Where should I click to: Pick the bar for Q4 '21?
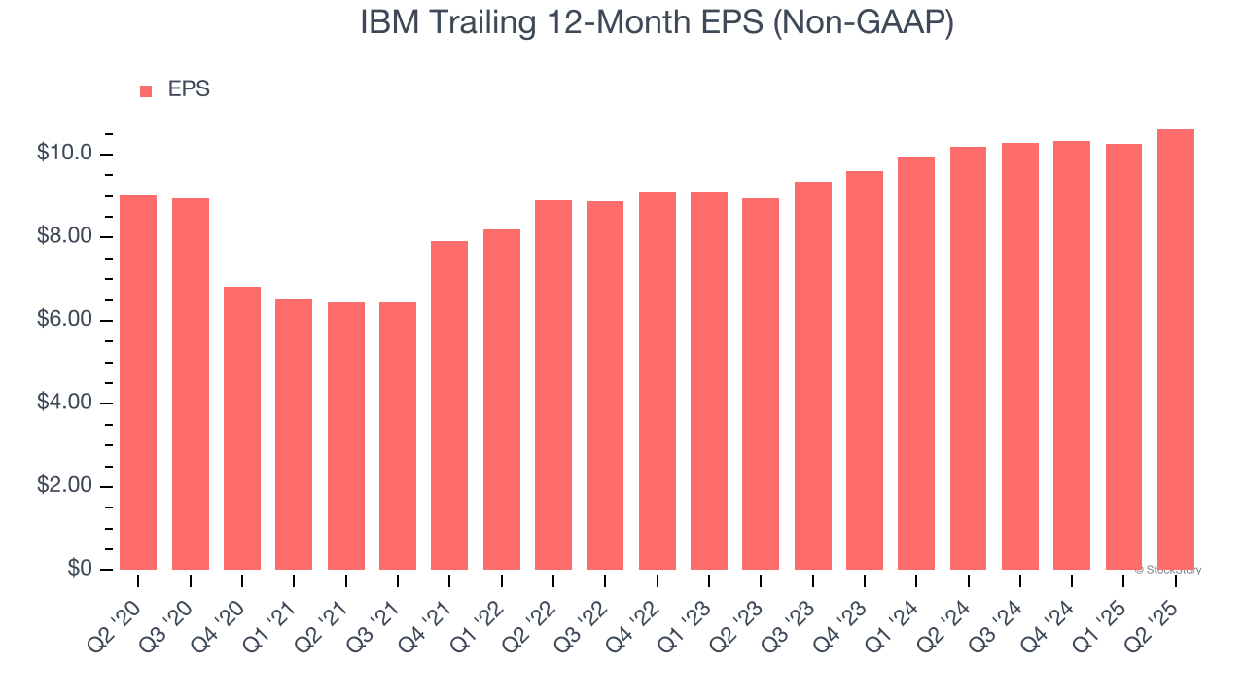click(449, 405)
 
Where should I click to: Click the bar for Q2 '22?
click(553, 385)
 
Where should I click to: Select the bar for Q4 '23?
click(865, 370)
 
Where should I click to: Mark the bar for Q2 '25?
click(1176, 349)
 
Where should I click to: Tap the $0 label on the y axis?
click(79, 569)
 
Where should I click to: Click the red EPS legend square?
click(146, 90)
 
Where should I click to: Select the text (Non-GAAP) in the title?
click(863, 23)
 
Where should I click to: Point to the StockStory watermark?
click(1167, 570)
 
